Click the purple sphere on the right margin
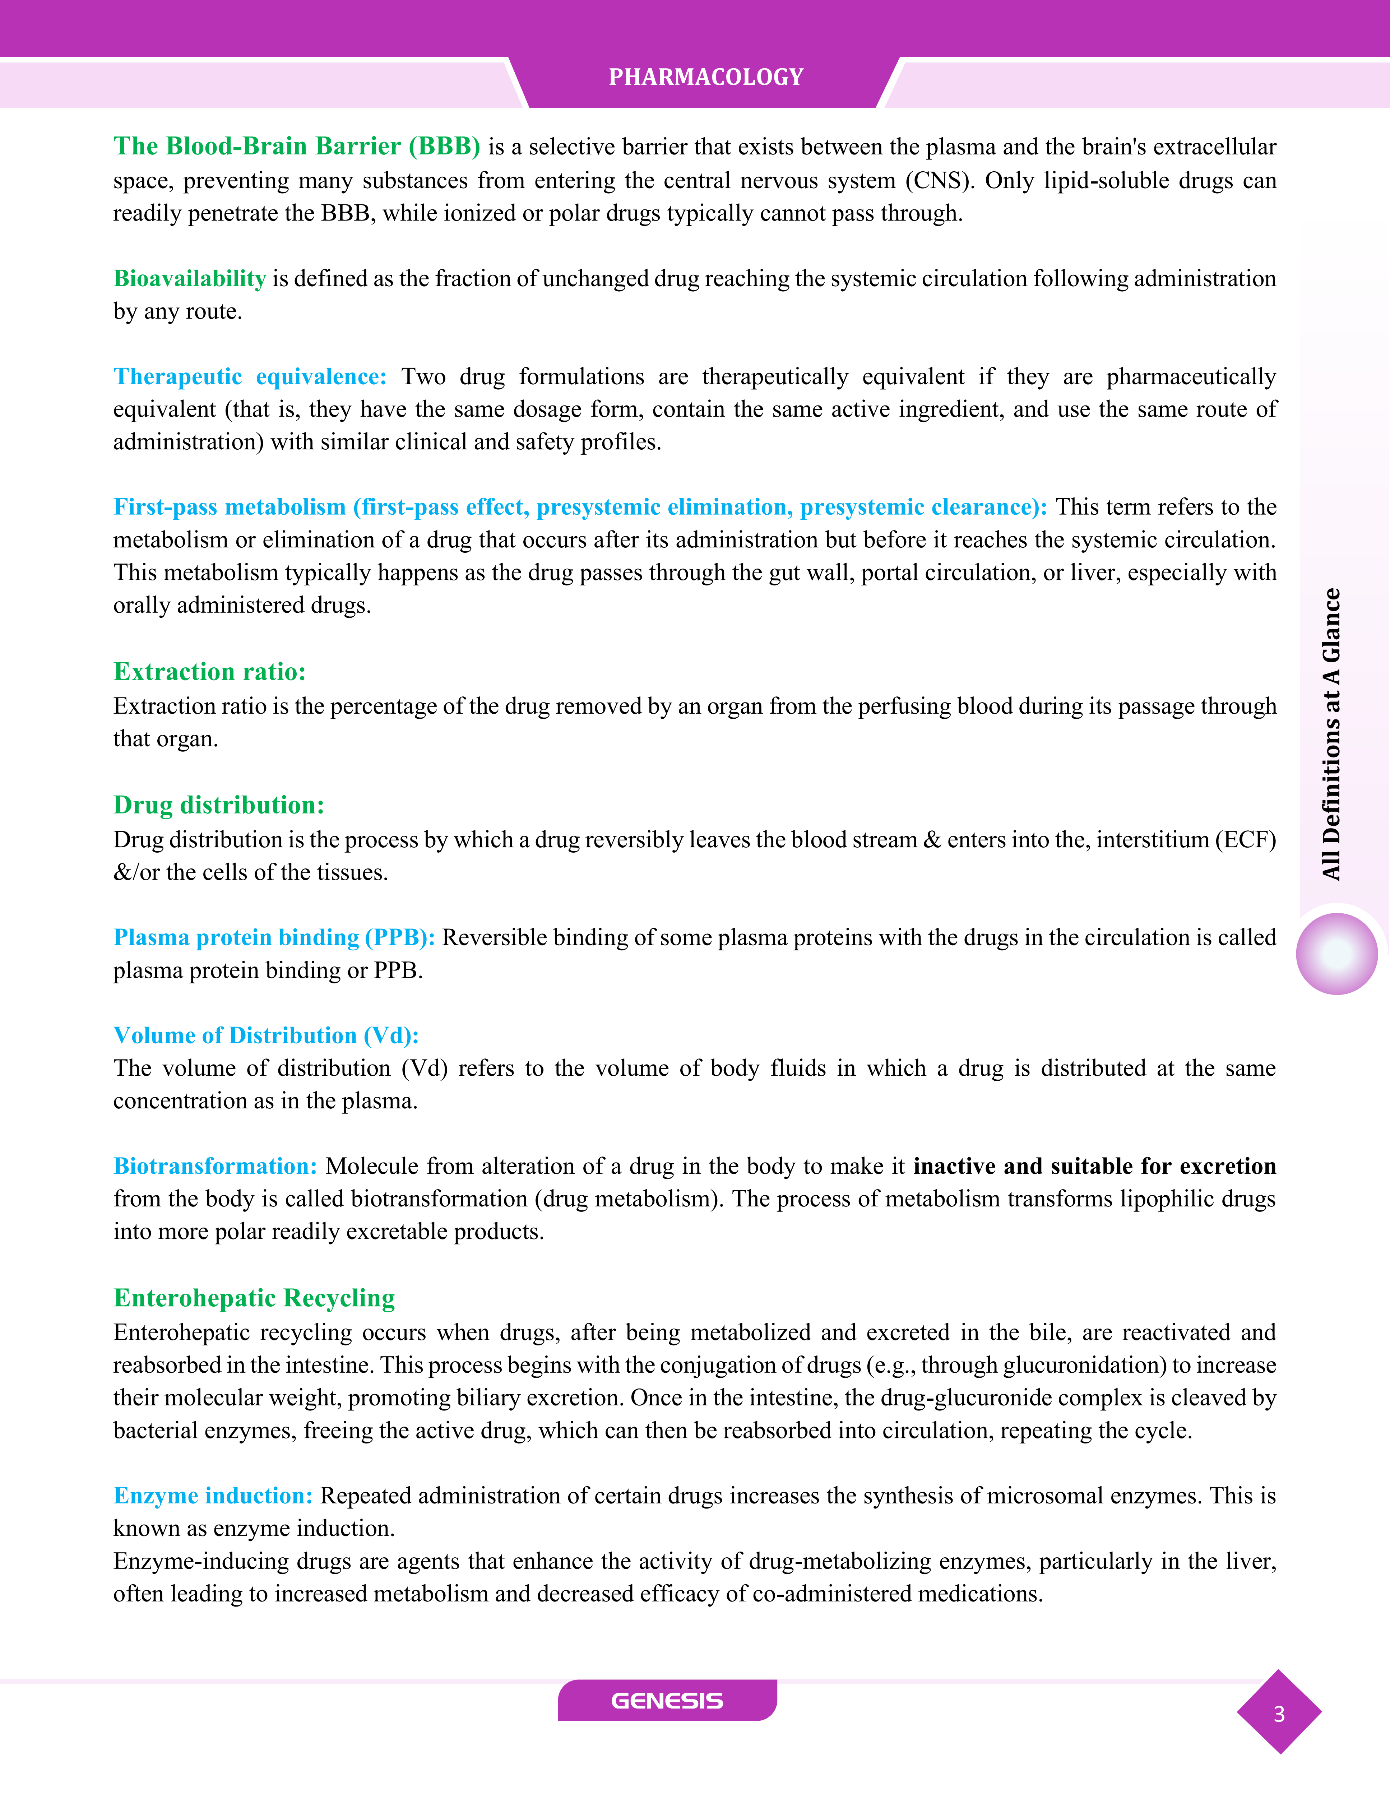pos(1336,954)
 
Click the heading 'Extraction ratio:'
pos(209,672)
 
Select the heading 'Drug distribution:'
pos(218,805)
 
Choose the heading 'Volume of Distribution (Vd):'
pos(266,1036)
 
